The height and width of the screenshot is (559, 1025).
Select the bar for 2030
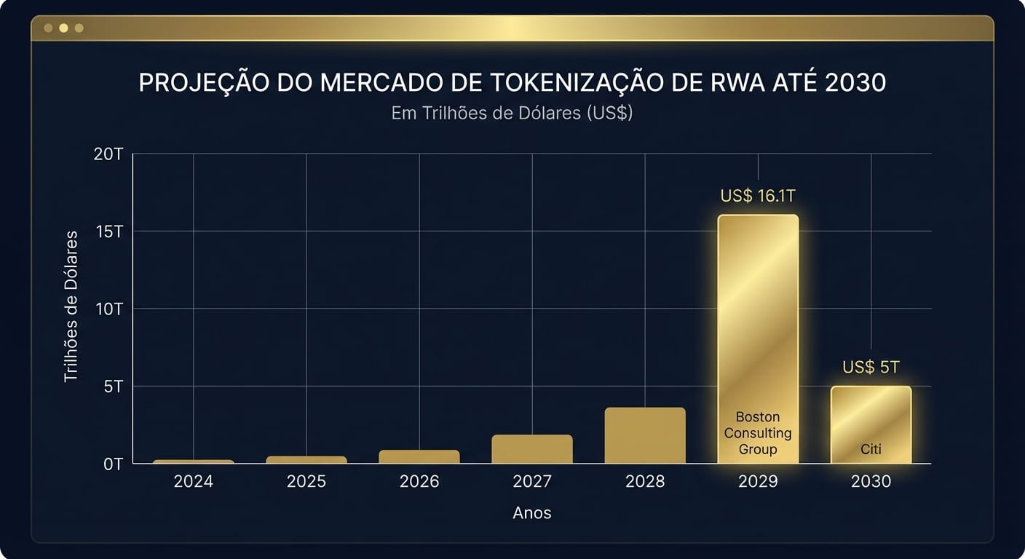[871, 415]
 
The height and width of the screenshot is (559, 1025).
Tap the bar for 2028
[645, 435]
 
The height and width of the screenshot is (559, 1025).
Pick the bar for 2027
[532, 449]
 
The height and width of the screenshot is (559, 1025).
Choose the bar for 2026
[419, 456]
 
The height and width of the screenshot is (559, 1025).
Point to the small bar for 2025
[306, 459]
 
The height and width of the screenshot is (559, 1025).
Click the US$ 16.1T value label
[758, 197]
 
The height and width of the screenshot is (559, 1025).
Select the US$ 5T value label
[871, 368]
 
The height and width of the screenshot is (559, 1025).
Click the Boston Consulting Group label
[758, 433]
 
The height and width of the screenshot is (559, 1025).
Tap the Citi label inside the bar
[871, 449]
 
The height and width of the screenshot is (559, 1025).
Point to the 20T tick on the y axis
[109, 154]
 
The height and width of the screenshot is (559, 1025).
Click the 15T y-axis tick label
[109, 231]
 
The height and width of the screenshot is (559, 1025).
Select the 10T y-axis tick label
[109, 309]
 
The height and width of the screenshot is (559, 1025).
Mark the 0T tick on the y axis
[112, 464]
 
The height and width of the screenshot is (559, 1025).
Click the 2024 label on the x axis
[194, 482]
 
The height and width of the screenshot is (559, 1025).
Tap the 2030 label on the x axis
[871, 482]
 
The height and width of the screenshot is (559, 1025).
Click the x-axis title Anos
[532, 513]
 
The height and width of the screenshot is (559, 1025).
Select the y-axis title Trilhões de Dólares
[71, 306]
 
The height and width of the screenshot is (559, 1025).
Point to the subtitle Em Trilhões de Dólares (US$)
[512, 114]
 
